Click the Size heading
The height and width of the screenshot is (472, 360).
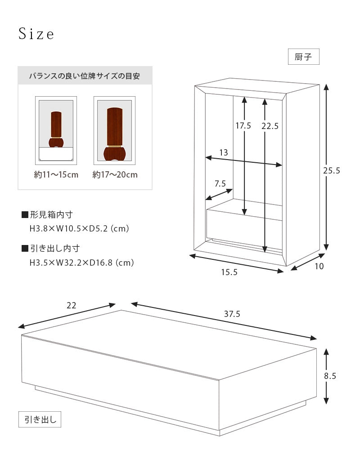point(36,35)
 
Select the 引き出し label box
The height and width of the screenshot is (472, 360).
point(40,420)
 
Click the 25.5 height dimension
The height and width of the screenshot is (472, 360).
point(331,170)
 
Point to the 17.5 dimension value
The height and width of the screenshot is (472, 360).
point(243,126)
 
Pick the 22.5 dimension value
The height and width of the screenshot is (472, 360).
point(270,126)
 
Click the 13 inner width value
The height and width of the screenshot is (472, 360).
point(223,152)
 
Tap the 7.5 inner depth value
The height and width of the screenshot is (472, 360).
point(220,183)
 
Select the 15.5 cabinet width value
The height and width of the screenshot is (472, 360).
point(229,272)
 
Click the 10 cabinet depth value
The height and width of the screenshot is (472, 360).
point(319,266)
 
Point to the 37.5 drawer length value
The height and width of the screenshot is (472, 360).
point(232,315)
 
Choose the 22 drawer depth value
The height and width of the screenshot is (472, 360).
point(71,306)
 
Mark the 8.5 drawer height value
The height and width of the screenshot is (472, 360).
point(330,376)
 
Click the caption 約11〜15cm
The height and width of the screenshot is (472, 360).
point(56,175)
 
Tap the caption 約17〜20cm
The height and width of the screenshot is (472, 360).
point(115,175)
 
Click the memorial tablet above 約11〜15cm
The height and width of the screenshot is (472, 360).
point(56,130)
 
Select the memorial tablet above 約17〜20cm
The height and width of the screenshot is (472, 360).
point(114,133)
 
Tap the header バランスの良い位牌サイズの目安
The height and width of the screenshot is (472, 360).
point(85,76)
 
